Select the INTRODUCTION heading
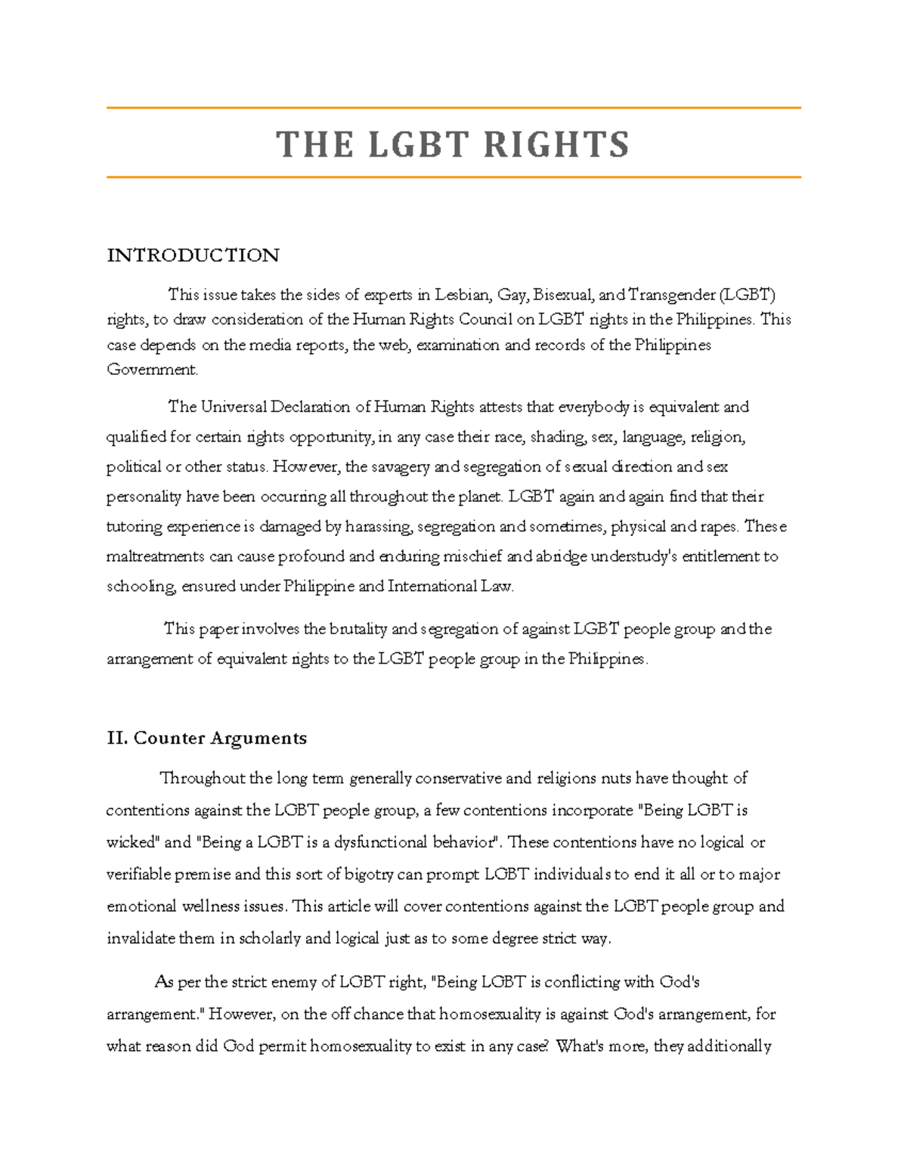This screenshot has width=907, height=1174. tap(193, 256)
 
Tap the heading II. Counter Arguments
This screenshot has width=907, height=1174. tap(206, 738)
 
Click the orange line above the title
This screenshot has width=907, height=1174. tap(453, 108)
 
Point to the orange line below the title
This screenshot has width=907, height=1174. tap(453, 178)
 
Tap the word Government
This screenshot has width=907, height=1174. tap(152, 370)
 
